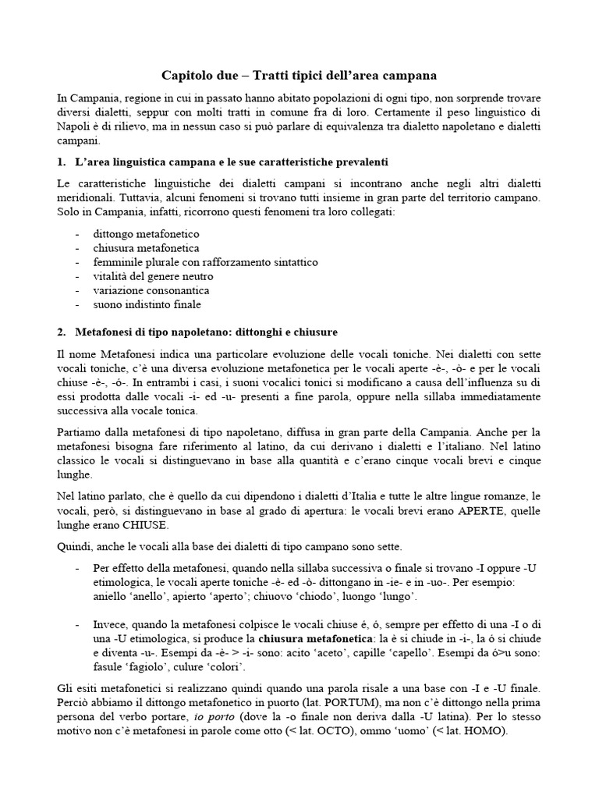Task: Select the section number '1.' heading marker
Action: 62,162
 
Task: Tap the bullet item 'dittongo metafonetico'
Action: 146,233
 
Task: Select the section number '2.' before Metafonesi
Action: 62,332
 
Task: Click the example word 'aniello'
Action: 109,597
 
